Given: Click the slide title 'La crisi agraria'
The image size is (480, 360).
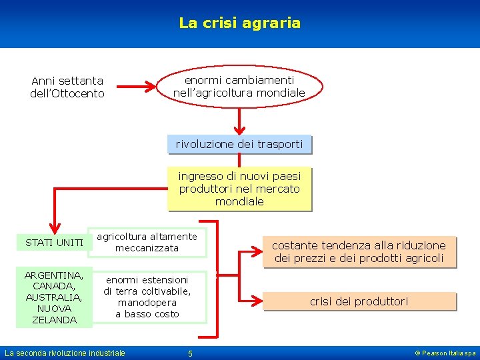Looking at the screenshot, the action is pyautogui.click(x=239, y=23).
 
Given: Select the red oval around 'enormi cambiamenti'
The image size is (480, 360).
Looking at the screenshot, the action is pyautogui.click(x=239, y=86).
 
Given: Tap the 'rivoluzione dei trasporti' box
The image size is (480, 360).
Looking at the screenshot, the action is pyautogui.click(x=239, y=144).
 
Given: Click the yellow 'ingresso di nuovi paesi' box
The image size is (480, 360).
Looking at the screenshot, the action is pyautogui.click(x=239, y=189).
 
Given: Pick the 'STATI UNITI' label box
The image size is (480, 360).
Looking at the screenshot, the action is pyautogui.click(x=54, y=243).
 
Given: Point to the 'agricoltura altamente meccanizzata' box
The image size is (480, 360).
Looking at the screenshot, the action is pyautogui.click(x=147, y=242).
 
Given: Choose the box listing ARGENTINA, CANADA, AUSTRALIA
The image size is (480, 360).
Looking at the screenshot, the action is pyautogui.click(x=54, y=297).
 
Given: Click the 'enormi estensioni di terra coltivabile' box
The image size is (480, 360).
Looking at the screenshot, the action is pyautogui.click(x=147, y=297).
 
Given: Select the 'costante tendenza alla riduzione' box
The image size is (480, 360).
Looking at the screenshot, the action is pyautogui.click(x=359, y=252).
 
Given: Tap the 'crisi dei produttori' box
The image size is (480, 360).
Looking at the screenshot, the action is pyautogui.click(x=359, y=302).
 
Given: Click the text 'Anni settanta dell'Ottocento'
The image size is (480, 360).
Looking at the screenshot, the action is pyautogui.click(x=67, y=87).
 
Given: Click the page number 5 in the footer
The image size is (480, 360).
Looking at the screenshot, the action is pyautogui.click(x=190, y=353).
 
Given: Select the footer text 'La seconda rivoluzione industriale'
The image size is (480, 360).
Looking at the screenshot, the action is pyautogui.click(x=65, y=353).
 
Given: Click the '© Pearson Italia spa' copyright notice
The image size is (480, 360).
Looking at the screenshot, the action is pyautogui.click(x=445, y=353).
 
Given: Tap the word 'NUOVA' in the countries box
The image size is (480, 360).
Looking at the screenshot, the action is pyautogui.click(x=54, y=309).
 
